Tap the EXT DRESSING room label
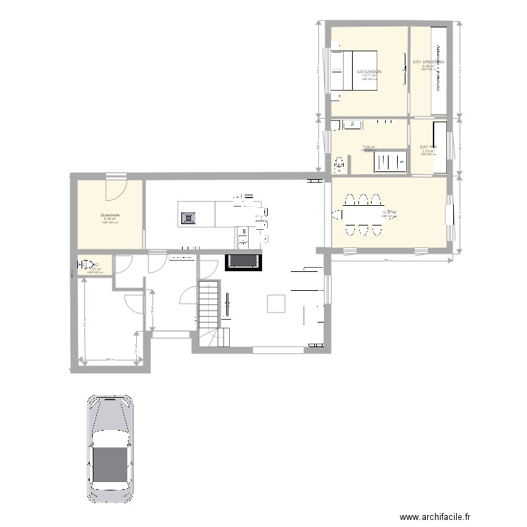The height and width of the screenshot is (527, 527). click(428, 62)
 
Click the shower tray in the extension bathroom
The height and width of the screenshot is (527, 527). click(389, 162)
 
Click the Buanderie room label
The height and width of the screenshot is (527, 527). click(110, 215)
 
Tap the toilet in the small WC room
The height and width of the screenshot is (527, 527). click(82, 266)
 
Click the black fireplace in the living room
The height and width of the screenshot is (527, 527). click(244, 262)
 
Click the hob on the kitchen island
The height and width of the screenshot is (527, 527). click(188, 218)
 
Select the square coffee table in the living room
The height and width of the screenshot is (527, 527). click(275, 304)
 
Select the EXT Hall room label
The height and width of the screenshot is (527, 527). click(428, 147)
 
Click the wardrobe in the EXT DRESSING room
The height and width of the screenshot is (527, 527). click(438, 70)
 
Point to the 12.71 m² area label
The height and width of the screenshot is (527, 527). click(369, 76)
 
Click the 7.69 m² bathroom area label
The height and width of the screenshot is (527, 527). click(368, 148)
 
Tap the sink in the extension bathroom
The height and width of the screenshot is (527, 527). click(351, 126)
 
